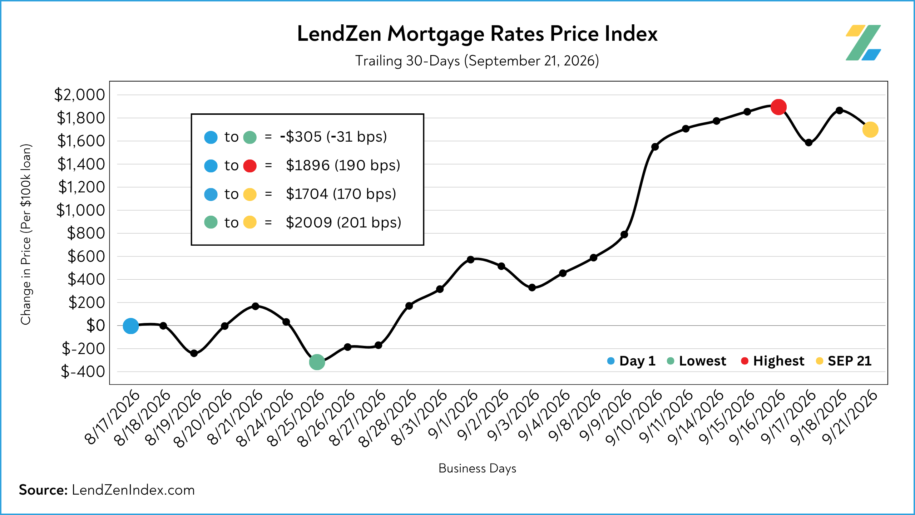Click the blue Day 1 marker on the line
click(131, 326)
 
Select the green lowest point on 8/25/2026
click(317, 362)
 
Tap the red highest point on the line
click(778, 107)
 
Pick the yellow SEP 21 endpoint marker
click(870, 129)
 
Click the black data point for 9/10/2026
click(655, 147)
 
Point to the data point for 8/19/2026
click(194, 353)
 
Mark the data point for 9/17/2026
click(808, 143)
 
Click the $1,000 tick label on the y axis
click(81, 210)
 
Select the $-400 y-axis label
click(83, 372)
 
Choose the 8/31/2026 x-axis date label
click(419, 417)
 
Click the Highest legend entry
click(773, 361)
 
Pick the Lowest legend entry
click(697, 361)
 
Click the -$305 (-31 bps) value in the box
click(333, 137)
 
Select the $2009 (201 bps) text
click(343, 222)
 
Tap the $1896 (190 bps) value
click(343, 165)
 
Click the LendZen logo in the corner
click(863, 43)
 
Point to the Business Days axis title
click(478, 468)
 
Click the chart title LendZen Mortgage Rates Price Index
click(477, 34)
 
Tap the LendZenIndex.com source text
click(133, 490)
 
